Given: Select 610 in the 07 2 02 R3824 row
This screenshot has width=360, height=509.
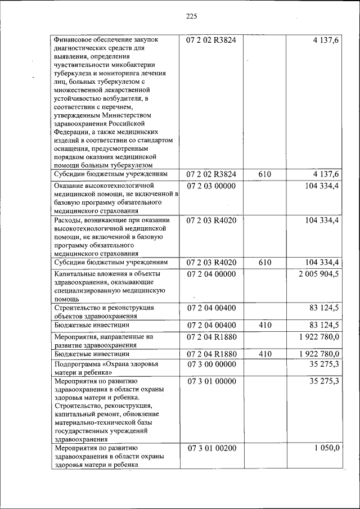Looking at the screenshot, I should click(264, 175).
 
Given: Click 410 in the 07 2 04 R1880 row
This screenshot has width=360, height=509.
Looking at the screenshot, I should click(264, 354).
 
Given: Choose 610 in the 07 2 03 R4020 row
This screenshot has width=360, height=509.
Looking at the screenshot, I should click(264, 263).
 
